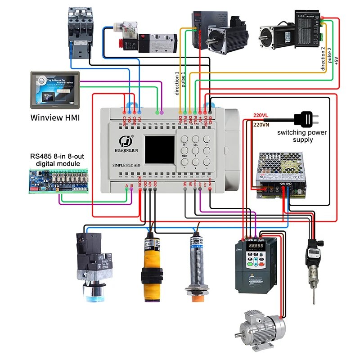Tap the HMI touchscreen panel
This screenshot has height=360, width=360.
[x=54, y=89]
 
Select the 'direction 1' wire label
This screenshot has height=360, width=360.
[x=177, y=84]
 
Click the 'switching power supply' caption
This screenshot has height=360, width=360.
[x=302, y=136]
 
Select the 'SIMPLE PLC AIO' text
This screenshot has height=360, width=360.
[x=126, y=166]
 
